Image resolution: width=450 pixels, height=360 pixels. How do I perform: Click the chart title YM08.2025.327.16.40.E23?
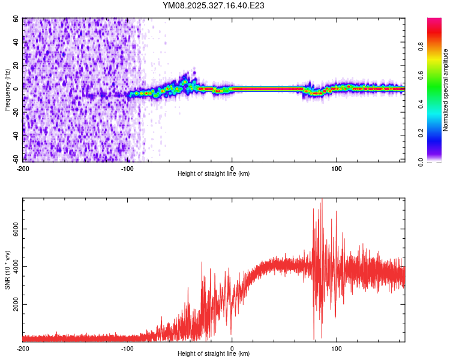click(x=214, y=5)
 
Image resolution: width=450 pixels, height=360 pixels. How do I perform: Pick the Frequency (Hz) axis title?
click(x=7, y=90)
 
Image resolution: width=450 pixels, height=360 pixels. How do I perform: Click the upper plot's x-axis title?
click(x=214, y=173)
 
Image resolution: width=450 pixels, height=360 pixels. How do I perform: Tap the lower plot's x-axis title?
click(x=214, y=354)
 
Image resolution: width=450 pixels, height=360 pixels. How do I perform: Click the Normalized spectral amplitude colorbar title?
click(x=446, y=90)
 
